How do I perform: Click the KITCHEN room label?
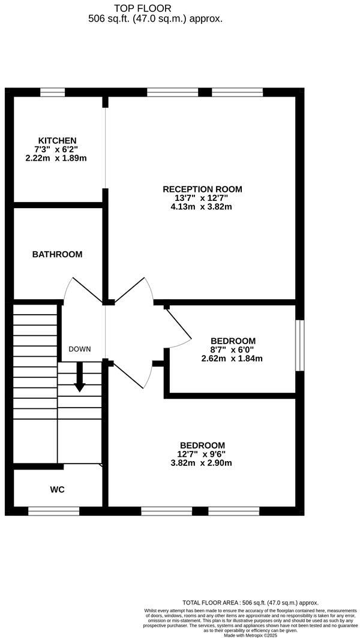coord(57,140)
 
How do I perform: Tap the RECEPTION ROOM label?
coord(202,189)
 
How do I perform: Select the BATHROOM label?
coord(57,254)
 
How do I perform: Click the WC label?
coord(57,489)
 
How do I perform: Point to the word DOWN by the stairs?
coord(79,349)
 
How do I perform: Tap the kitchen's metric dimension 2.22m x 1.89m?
coord(57,158)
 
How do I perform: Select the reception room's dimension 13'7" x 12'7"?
coord(202,198)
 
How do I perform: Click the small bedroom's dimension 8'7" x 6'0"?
coord(233,350)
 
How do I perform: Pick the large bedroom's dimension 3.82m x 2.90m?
coord(202,462)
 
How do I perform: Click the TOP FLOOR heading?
coord(142,8)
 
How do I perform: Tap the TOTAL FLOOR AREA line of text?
coord(250,602)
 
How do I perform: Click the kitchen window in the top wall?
coord(52,92)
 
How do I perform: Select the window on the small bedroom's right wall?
coord(300,345)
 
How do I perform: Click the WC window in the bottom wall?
coord(53,511)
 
